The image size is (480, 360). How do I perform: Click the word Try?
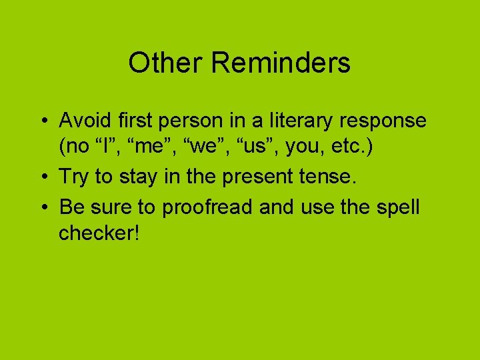click(x=75, y=177)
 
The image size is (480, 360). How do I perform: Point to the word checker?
click(x=99, y=234)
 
